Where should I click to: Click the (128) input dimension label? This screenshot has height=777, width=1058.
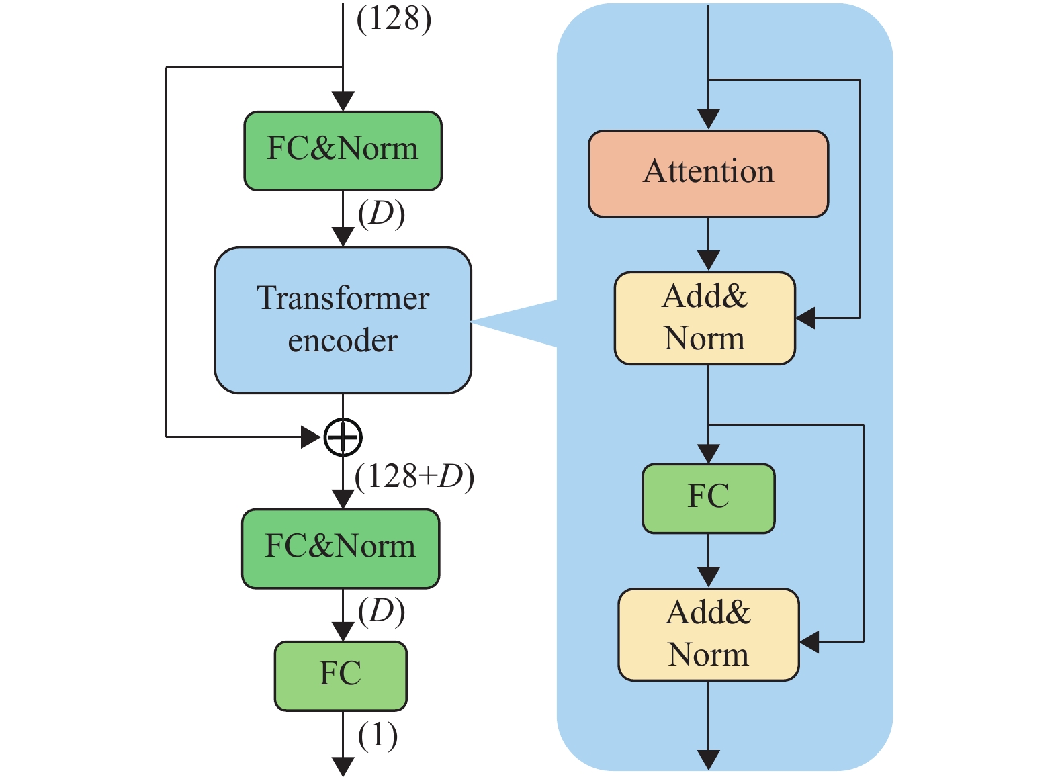(394, 19)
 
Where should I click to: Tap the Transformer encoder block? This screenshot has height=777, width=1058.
(343, 320)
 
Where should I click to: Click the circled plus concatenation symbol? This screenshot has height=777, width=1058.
(343, 438)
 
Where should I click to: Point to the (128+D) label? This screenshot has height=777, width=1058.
(414, 477)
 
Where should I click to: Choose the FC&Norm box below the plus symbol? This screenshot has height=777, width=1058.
(341, 548)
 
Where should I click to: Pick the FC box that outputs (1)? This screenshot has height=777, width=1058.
(341, 675)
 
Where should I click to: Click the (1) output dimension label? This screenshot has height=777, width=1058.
(378, 736)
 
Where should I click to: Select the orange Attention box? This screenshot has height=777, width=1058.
(708, 173)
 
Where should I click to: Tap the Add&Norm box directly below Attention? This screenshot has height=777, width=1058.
(705, 318)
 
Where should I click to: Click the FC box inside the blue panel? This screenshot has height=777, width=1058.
(708, 498)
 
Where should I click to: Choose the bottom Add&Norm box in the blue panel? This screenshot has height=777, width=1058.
(708, 634)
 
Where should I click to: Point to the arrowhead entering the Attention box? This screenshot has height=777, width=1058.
(708, 120)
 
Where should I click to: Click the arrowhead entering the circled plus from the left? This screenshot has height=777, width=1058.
(312, 437)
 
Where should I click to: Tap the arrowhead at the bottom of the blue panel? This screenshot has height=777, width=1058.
(708, 760)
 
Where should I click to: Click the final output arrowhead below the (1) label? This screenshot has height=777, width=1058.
(343, 766)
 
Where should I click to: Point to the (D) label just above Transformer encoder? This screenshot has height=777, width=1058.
(381, 214)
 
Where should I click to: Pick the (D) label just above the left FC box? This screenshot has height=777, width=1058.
(381, 612)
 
